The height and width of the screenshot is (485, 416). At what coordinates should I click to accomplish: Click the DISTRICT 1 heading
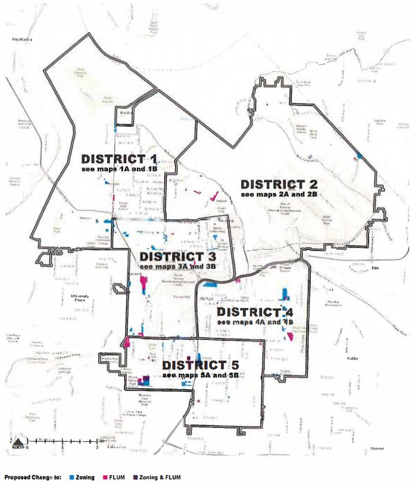tap(119, 159)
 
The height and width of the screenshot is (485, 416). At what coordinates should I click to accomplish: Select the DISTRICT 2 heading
tap(279, 184)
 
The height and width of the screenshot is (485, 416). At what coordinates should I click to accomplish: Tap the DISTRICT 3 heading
tap(178, 257)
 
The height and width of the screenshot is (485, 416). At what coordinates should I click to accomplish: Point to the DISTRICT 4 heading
tap(255, 312)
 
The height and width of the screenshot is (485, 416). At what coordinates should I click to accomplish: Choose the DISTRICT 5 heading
tap(201, 365)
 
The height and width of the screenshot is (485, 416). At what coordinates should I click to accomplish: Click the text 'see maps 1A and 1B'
tap(119, 169)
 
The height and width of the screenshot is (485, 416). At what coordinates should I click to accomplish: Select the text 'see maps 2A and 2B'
tap(279, 194)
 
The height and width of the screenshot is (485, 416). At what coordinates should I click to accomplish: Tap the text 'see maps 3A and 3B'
tap(178, 266)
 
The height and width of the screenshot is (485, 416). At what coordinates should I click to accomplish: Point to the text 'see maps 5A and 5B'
tap(201, 375)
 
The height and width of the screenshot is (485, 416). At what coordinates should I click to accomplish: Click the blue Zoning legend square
tap(72, 477)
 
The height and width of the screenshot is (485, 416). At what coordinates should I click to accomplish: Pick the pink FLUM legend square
tap(105, 477)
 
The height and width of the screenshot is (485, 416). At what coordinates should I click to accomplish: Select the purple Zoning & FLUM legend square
tap(135, 477)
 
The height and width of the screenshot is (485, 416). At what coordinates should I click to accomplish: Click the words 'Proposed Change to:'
tap(33, 477)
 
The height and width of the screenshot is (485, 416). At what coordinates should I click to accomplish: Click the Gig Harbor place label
tap(22, 39)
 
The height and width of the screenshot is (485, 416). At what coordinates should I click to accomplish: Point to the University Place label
tap(80, 298)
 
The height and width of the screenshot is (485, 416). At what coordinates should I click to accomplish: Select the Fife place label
tap(375, 268)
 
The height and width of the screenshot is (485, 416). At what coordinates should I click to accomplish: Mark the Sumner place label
tap(377, 449)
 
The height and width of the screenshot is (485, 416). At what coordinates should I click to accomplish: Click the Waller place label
tap(352, 358)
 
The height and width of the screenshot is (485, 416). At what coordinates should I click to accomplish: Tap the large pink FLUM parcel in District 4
tap(290, 336)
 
